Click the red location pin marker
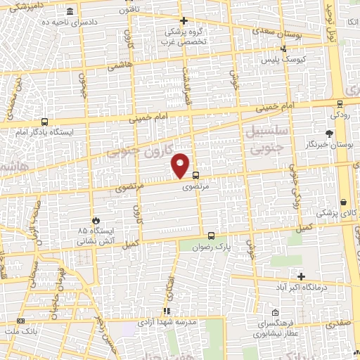[x=181, y=165]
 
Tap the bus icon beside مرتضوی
[x=195, y=176]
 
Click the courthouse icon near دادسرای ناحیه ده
[x=70, y=13]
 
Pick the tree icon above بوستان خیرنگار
[x=329, y=133]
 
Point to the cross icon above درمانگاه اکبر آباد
[x=302, y=277]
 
